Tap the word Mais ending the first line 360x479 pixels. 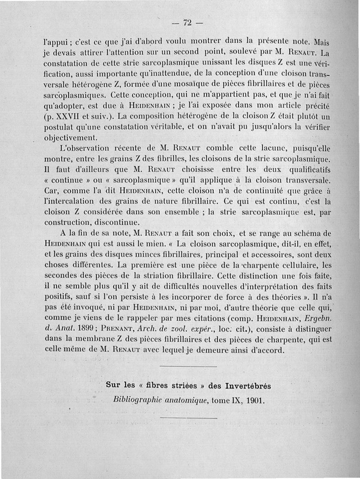320,41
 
